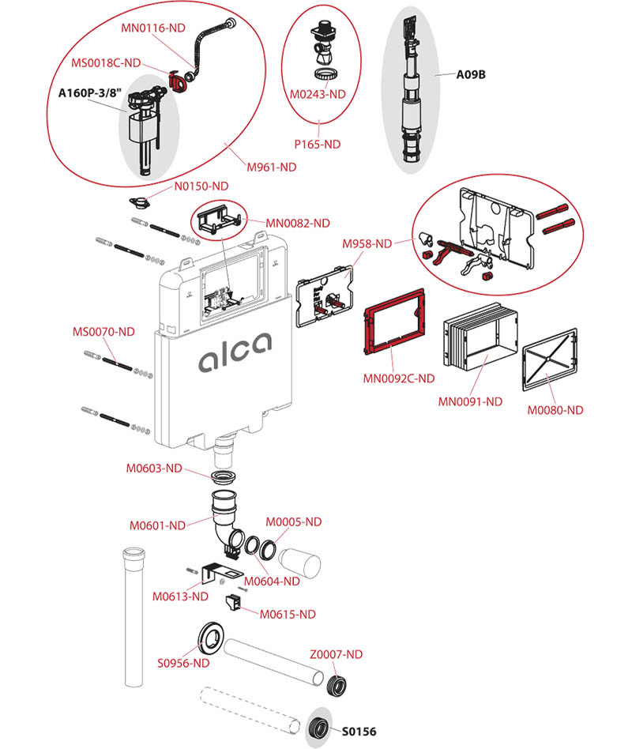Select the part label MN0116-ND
pos(153,27)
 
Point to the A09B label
pos(470,75)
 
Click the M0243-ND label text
pos(318,94)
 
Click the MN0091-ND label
pos(470,401)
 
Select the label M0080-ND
pos(555,410)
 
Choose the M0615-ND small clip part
pos(235,604)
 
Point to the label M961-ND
pos(271,167)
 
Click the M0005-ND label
pos(293,521)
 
